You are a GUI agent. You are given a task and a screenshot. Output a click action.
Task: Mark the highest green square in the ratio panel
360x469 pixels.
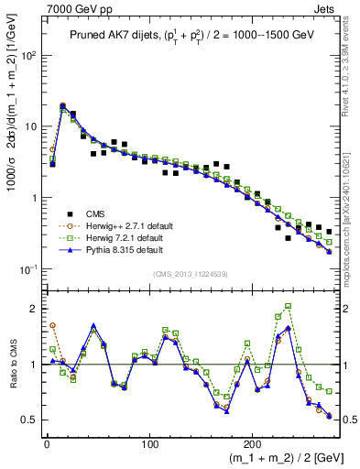[289, 306]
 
